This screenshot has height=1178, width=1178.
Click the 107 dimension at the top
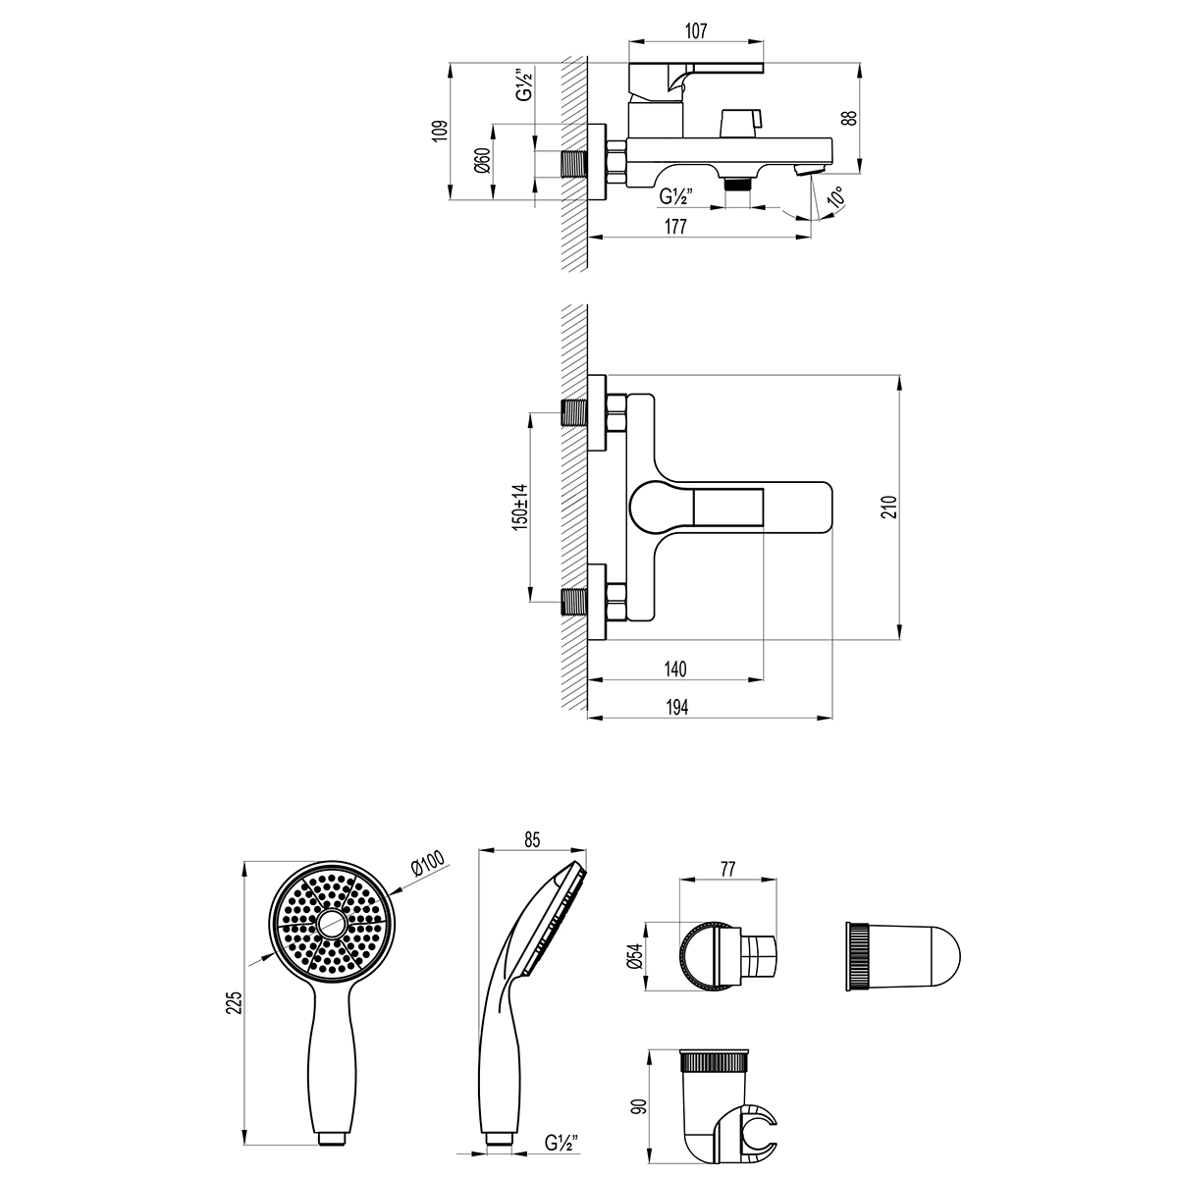(696, 31)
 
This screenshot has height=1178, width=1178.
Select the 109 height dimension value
(440, 131)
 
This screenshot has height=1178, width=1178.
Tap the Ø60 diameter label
(483, 160)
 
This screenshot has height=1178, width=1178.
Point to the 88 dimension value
(848, 118)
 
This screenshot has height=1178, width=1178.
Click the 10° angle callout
(835, 197)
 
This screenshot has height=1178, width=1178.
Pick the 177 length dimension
(675, 226)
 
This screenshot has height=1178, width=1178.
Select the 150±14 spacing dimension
(520, 507)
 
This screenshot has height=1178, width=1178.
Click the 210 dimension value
(890, 507)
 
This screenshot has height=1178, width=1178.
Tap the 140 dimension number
(674, 669)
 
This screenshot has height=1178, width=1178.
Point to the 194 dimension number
(676, 707)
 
